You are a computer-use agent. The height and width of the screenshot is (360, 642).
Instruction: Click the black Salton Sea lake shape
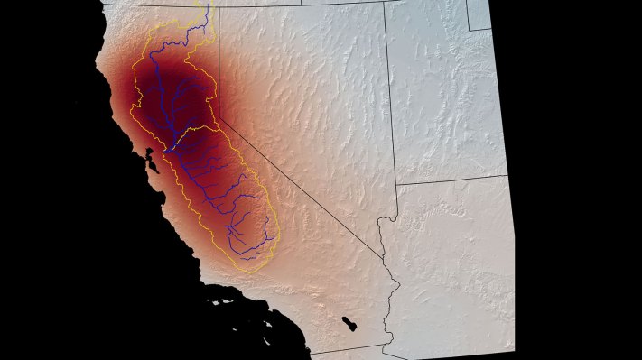coord(350,322)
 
